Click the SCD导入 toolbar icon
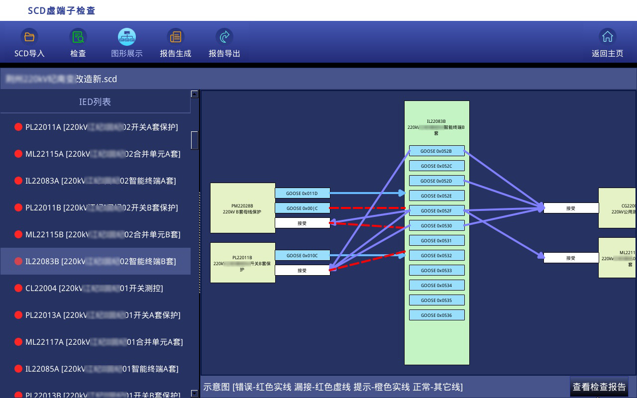[x=29, y=37]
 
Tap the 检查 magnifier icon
[x=78, y=37]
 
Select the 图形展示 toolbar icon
[x=127, y=37]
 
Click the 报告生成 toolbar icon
[x=175, y=37]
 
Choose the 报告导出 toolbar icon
[x=224, y=37]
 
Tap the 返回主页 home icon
[x=607, y=37]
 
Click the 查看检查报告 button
[x=599, y=387]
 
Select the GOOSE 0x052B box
[x=436, y=151]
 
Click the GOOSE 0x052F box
[x=436, y=211]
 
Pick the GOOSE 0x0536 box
[x=436, y=315]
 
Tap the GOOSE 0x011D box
[x=302, y=194]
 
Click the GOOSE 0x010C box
[x=302, y=256]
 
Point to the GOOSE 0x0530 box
[x=436, y=226]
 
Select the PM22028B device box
[x=242, y=208]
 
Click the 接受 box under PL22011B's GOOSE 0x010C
[x=302, y=271]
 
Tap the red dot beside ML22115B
[x=18, y=235]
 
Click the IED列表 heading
[x=95, y=102]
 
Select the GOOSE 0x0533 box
[x=436, y=271]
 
